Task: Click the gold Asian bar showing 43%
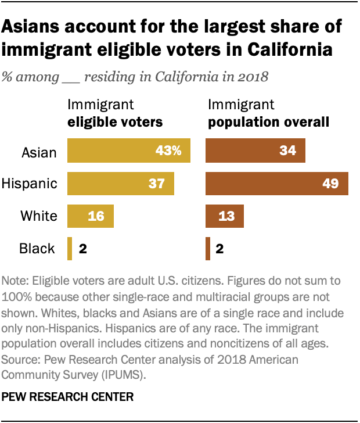(129, 152)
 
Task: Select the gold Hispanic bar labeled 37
(121, 184)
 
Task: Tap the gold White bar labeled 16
(91, 216)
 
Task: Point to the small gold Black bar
(70, 249)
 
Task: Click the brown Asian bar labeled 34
(255, 152)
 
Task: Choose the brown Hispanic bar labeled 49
(277, 184)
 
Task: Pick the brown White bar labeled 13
(225, 216)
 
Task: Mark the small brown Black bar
(208, 249)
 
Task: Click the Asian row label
(39, 152)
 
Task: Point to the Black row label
(37, 249)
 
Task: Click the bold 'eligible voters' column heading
(115, 122)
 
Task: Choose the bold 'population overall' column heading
(269, 122)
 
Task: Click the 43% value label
(169, 152)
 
